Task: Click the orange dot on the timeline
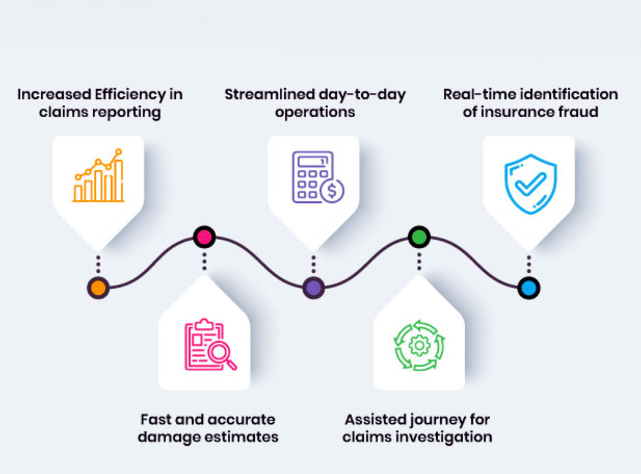point(98,288)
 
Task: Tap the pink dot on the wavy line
point(205,236)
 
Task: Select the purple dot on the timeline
point(314,288)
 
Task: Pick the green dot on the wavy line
point(419,236)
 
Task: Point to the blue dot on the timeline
point(528,288)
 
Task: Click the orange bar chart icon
point(98,175)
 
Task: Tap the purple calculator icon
point(318,177)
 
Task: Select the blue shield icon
point(530,184)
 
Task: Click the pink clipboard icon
point(210,345)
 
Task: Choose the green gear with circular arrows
point(419,345)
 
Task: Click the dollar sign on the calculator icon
point(332,191)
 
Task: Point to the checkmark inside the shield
point(530,184)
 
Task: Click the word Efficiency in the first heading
point(130,95)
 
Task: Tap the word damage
point(169,437)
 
